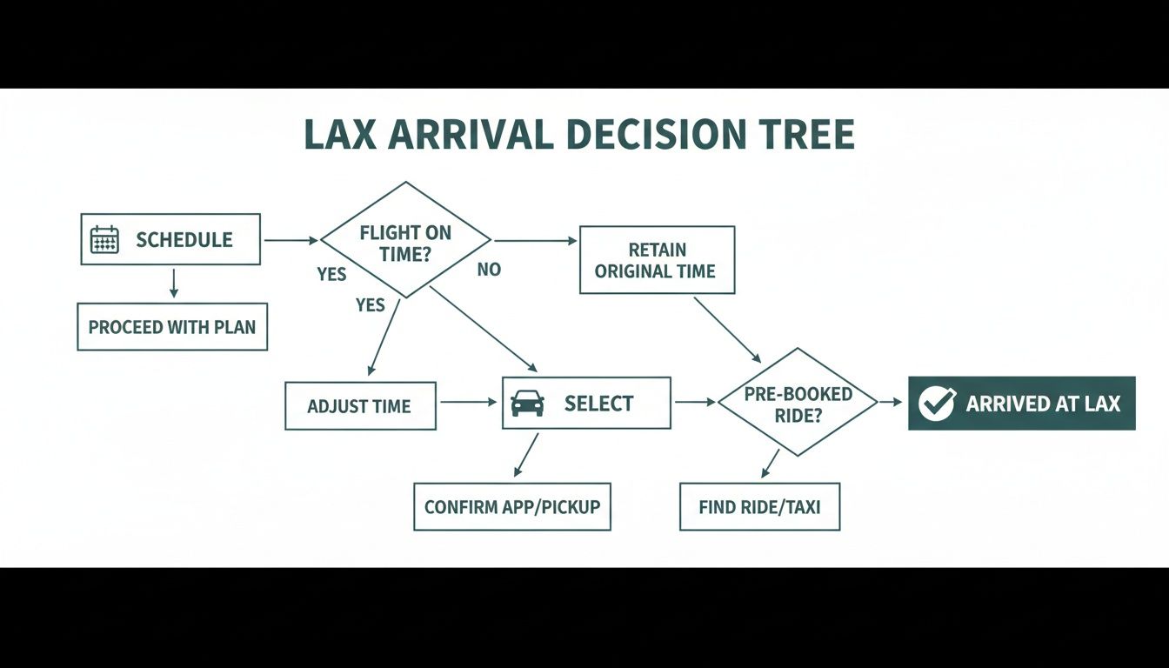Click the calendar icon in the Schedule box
[x=104, y=239]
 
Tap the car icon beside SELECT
[x=528, y=403]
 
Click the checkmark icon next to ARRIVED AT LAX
[x=937, y=404]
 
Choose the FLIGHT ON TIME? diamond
[x=405, y=241]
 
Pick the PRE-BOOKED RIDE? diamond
[x=798, y=403]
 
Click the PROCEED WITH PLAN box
[x=172, y=327]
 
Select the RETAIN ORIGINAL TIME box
[x=657, y=259]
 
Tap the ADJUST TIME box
[x=360, y=405]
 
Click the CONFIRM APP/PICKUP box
[x=512, y=506]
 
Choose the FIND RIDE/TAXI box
[x=759, y=506]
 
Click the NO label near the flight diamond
[x=489, y=270]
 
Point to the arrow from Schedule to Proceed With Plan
[x=174, y=284]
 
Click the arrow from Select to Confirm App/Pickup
[x=526, y=455]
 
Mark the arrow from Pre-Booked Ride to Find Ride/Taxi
[x=771, y=464]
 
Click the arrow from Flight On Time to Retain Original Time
[x=533, y=240]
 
